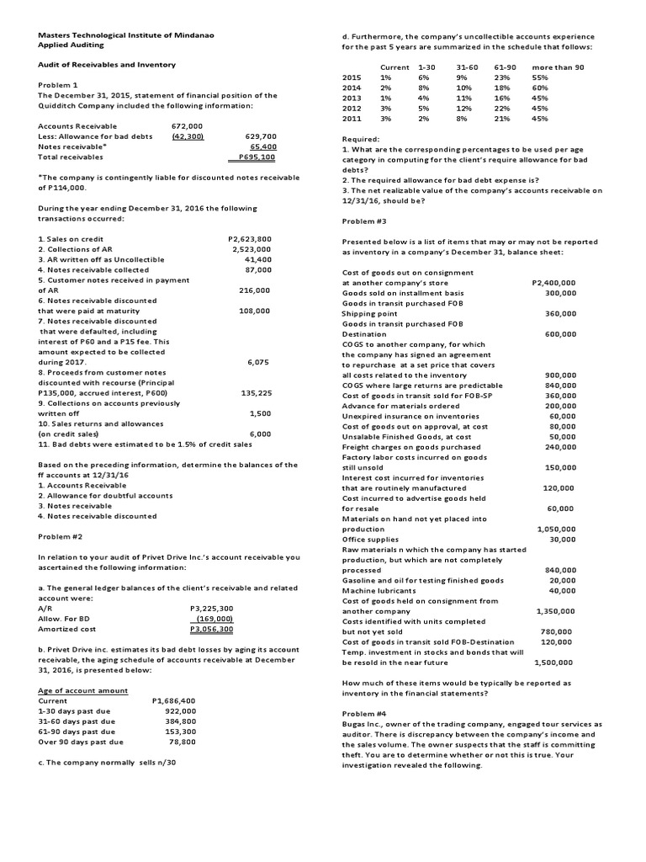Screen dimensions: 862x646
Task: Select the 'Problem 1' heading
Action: (x=58, y=85)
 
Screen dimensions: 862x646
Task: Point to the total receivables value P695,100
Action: (x=257, y=157)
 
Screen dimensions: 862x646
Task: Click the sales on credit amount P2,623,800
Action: (x=250, y=239)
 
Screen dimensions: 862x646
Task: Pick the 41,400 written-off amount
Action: (x=257, y=259)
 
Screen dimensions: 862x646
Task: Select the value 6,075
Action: (x=259, y=362)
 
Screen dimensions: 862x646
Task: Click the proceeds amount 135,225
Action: (x=254, y=392)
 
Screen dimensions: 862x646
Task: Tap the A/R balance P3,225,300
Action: (x=212, y=608)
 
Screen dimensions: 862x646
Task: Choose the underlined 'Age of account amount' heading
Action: (x=83, y=690)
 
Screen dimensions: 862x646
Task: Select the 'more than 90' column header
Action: (x=557, y=67)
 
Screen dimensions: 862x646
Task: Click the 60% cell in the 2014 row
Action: (x=540, y=88)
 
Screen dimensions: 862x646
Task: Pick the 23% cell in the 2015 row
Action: (x=503, y=77)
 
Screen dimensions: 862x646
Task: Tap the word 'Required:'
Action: (x=361, y=138)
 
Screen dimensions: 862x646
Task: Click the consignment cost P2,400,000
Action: (x=554, y=283)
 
